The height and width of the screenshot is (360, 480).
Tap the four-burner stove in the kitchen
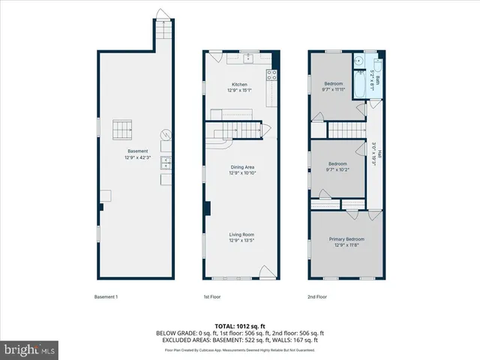(271, 74)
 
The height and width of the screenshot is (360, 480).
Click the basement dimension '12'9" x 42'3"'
(136, 157)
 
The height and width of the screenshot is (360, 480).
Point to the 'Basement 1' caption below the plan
(106, 297)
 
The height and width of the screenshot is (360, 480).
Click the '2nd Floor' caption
(318, 297)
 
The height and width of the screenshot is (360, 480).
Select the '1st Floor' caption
(212, 297)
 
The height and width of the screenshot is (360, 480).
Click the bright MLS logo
(30, 349)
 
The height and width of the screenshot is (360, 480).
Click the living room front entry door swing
(266, 271)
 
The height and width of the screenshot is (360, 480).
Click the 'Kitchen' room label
(239, 85)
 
